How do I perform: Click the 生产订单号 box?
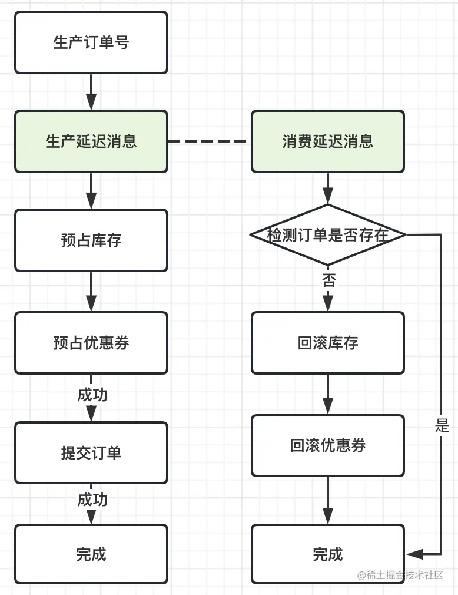tap(91, 42)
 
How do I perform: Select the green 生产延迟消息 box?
tap(91, 141)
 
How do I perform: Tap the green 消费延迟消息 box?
tap(328, 141)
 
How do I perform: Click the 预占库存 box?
tap(91, 240)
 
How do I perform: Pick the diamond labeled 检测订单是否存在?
tap(328, 234)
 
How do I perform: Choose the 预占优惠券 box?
tap(91, 343)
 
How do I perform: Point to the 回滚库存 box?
tap(328, 343)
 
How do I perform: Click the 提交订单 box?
tap(91, 452)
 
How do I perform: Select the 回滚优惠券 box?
tap(328, 445)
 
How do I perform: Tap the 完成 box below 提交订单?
tap(91, 554)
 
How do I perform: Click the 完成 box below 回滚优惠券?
tap(328, 554)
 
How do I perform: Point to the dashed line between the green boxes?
tap(210, 141)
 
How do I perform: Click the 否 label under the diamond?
tap(328, 280)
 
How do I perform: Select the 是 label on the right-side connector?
tap(442, 426)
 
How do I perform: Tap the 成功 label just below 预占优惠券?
tap(92, 394)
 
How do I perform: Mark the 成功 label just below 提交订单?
tap(92, 500)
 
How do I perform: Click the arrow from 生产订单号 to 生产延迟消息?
tap(91, 92)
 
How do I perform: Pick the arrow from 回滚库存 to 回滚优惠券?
tap(328, 394)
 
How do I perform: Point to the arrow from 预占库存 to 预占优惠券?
tap(91, 292)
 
